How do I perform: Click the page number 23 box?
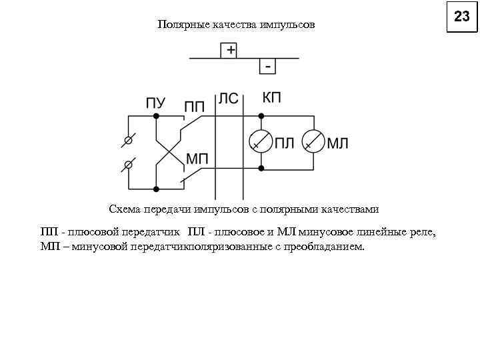(462, 17)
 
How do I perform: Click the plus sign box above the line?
(230, 50)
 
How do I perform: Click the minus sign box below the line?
(268, 67)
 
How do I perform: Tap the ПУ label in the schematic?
(156, 103)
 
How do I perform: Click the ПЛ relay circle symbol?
(261, 141)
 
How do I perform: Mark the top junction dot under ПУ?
(156, 116)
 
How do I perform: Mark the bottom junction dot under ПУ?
(156, 189)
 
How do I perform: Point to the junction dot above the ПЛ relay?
(261, 116)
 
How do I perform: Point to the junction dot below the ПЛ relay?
(261, 168)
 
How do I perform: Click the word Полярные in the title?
(183, 25)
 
